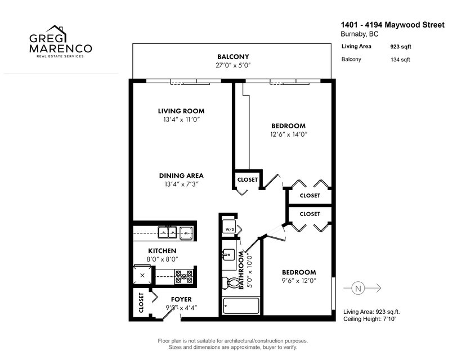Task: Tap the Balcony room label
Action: tap(233, 57)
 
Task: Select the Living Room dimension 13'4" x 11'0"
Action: tap(181, 120)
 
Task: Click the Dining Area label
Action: tap(181, 175)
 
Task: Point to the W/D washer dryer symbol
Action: tap(230, 226)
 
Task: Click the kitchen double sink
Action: tap(167, 232)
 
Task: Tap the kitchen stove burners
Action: tap(183, 276)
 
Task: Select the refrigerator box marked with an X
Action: tap(142, 275)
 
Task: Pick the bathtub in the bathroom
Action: tap(241, 305)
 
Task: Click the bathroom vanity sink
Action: tap(228, 255)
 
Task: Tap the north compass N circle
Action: tap(358, 289)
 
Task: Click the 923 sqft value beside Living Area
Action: tap(401, 47)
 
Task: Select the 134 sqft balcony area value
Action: tap(400, 60)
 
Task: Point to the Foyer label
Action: tap(181, 299)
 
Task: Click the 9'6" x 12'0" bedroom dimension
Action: tap(299, 281)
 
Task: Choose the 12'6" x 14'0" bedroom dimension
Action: tap(288, 134)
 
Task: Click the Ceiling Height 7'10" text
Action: tap(370, 319)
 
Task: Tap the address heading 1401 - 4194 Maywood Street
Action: tap(393, 25)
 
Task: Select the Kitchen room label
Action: tap(162, 251)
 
